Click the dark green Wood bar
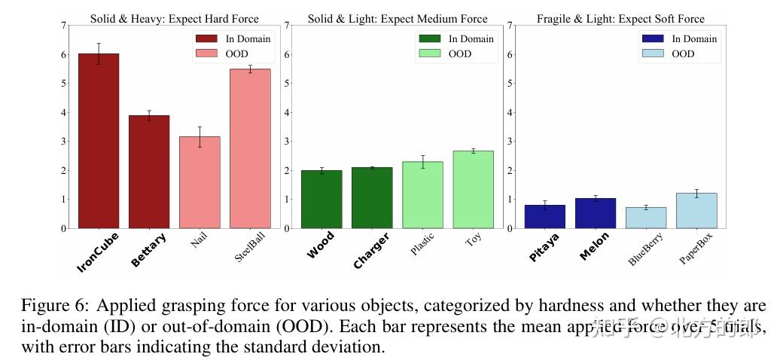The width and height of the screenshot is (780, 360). pyautogui.click(x=321, y=199)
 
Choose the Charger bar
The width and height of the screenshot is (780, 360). pyautogui.click(x=372, y=197)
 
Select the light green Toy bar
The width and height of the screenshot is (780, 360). pyautogui.click(x=473, y=189)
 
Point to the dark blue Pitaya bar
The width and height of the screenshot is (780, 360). pyautogui.click(x=545, y=216)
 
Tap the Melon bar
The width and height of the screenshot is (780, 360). pyautogui.click(x=596, y=213)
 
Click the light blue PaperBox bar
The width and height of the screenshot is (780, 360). pyautogui.click(x=696, y=210)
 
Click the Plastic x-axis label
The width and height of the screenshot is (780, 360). pyautogui.click(x=424, y=245)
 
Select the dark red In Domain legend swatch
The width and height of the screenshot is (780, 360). pyautogui.click(x=206, y=38)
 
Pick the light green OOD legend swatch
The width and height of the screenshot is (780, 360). pyautogui.click(x=429, y=53)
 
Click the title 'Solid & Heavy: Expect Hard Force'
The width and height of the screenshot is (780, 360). pyautogui.click(x=175, y=19)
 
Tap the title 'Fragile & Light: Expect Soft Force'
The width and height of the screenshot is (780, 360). pyautogui.click(x=621, y=19)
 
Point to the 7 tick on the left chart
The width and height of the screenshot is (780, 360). pyautogui.click(x=63, y=26)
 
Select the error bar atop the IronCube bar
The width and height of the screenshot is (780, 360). pyautogui.click(x=99, y=53)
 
